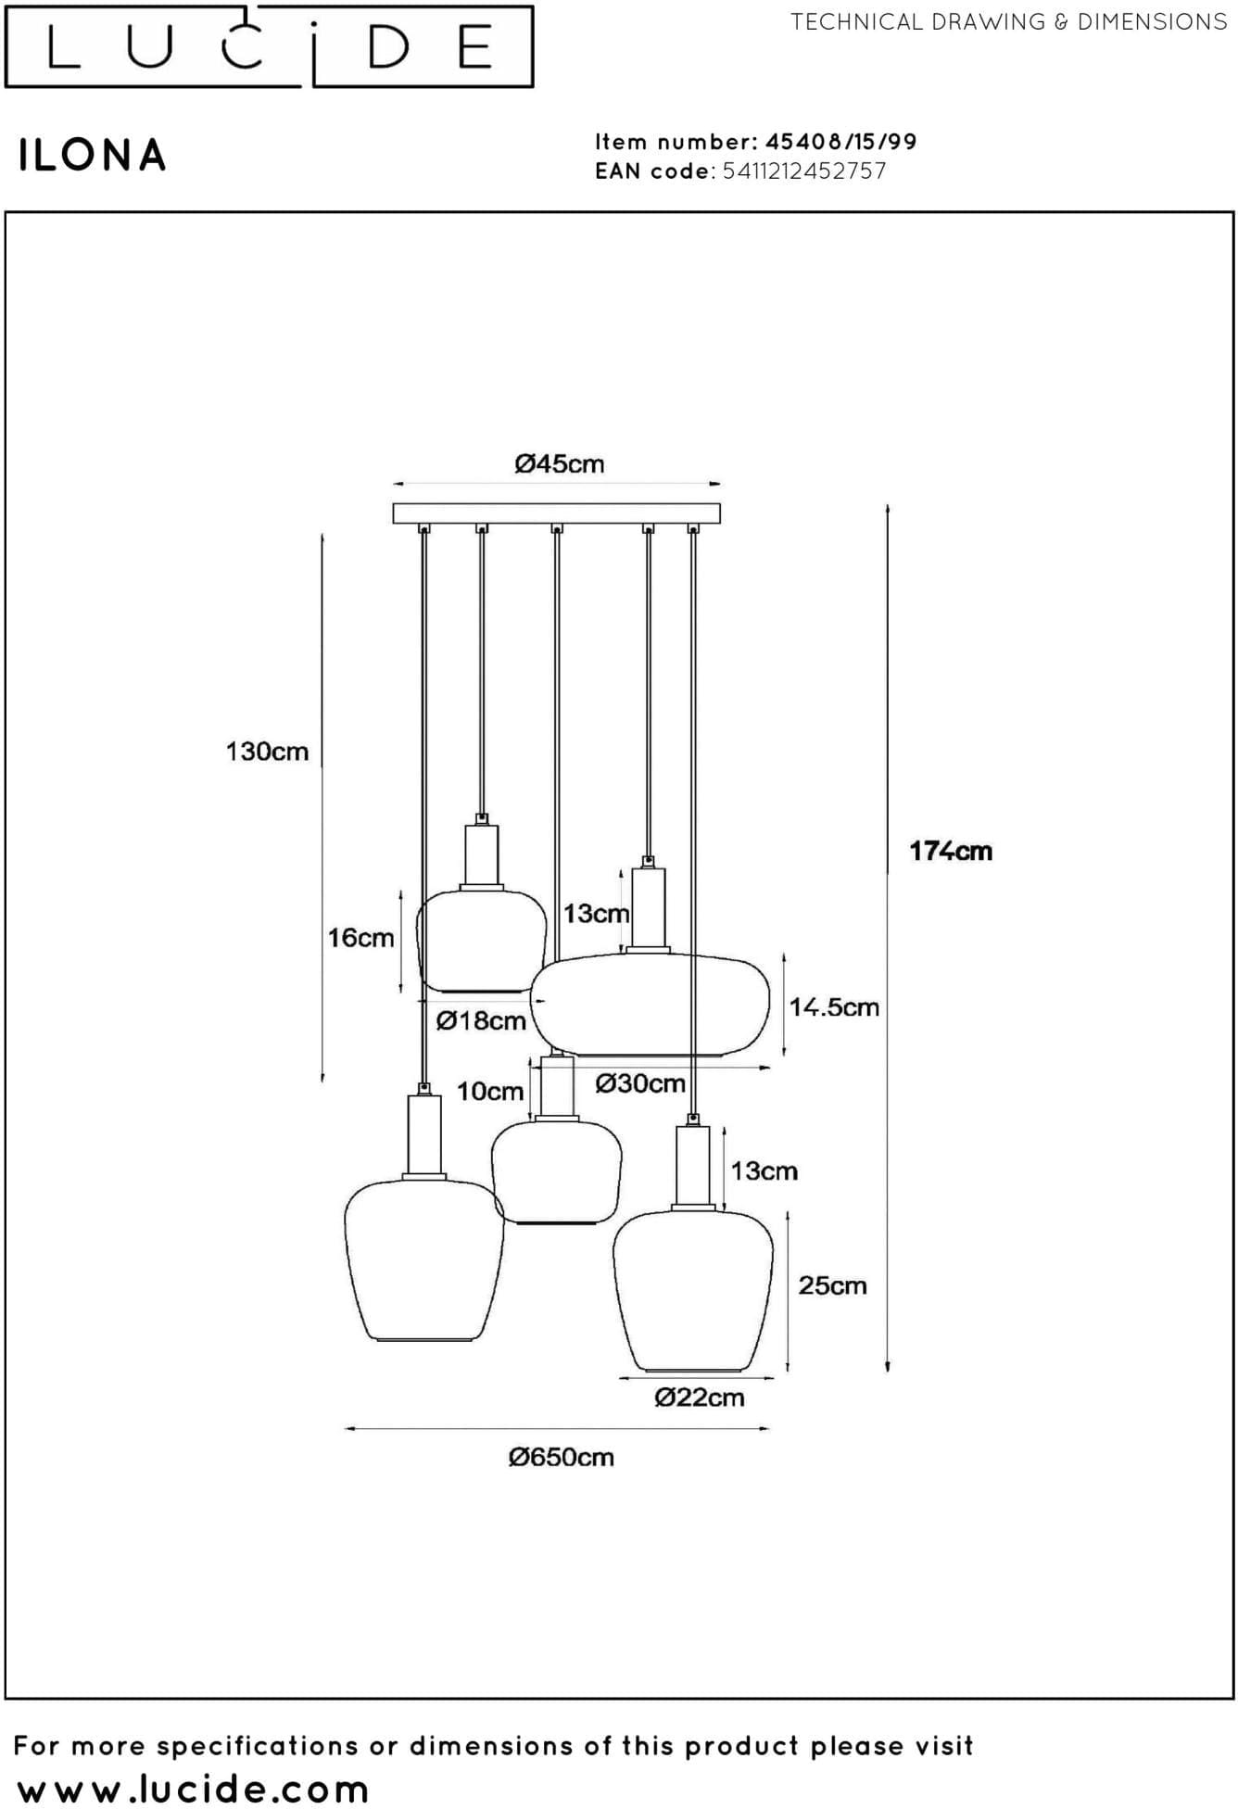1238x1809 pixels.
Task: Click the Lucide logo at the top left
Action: click(x=269, y=46)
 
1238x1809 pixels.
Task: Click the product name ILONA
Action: click(x=93, y=156)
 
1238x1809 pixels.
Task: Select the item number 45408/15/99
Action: click(x=840, y=142)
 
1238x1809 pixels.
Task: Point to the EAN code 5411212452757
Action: click(x=803, y=171)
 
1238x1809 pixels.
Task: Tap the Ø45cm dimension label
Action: click(x=560, y=463)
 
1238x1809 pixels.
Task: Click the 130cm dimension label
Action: click(x=268, y=751)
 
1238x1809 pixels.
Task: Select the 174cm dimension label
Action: click(x=951, y=851)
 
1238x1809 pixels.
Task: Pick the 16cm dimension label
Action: click(x=361, y=938)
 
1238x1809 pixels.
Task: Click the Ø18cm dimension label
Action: click(x=481, y=1021)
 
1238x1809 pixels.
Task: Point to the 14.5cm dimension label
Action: click(x=834, y=1007)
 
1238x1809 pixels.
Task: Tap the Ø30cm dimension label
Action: click(x=640, y=1083)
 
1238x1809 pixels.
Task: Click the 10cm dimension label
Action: click(x=490, y=1092)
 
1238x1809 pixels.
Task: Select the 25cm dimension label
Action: click(x=833, y=1285)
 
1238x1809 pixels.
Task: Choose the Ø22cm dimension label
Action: click(x=700, y=1398)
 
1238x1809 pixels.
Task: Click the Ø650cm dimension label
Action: click(x=562, y=1458)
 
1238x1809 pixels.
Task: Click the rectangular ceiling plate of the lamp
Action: click(x=557, y=513)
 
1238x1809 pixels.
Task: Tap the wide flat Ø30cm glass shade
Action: click(x=650, y=1004)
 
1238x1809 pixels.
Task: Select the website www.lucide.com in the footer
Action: click(x=193, y=1789)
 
